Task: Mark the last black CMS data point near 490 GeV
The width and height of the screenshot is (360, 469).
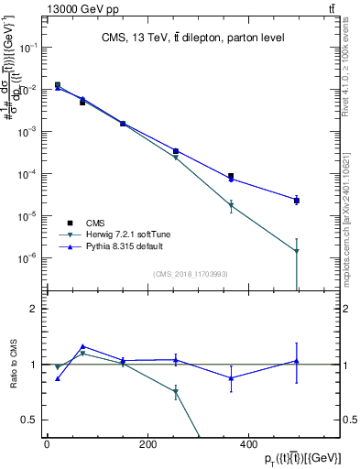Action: click(297, 200)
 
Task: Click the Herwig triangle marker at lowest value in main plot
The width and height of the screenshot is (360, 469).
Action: click(297, 251)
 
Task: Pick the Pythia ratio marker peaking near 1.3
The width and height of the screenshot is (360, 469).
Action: click(82, 347)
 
